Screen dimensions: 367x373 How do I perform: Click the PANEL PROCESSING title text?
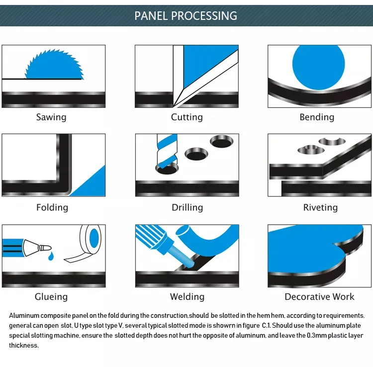pos(186,15)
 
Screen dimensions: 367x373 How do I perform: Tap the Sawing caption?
pos(51,117)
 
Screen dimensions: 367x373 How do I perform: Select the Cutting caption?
pos(186,117)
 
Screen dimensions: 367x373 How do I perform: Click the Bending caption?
pos(317,117)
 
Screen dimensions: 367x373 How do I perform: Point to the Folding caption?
pos(52,207)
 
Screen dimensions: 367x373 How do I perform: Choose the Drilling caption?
pos(187,207)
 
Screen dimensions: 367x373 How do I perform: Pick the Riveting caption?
pos(320,207)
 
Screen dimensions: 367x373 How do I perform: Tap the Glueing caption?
pos(51,297)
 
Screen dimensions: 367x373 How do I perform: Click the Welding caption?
pos(187,297)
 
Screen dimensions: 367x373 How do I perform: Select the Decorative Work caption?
pos(319,297)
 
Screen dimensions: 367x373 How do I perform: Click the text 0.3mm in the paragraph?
pos(316,336)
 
